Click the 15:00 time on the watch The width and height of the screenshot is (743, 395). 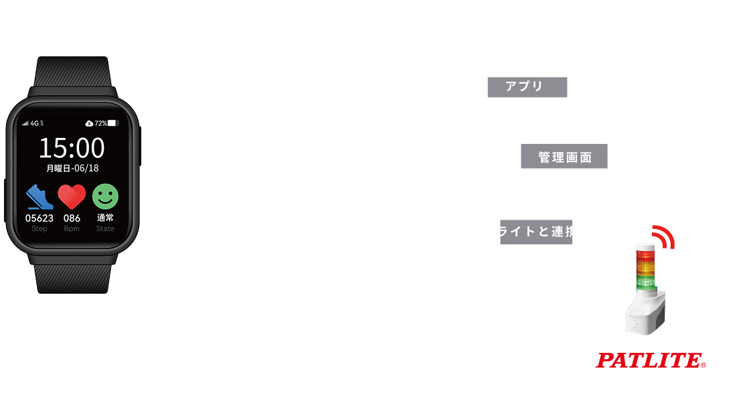[x=72, y=147]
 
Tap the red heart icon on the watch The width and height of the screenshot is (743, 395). [x=72, y=197]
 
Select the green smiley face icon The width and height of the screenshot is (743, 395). [x=105, y=196]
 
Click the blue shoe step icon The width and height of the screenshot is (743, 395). [x=39, y=197]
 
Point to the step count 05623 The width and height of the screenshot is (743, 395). [x=39, y=218]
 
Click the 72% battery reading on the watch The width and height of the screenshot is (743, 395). [x=100, y=123]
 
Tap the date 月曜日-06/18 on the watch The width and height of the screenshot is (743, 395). [x=72, y=168]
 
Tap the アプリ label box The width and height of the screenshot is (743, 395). [x=527, y=87]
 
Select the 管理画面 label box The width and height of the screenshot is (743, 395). [x=564, y=157]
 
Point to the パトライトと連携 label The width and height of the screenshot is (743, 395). [x=523, y=232]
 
